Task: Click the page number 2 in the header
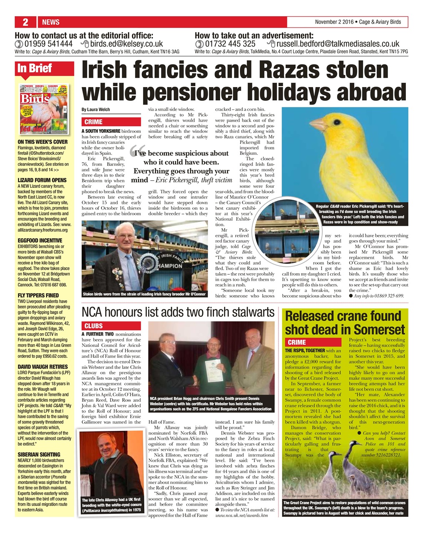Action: [x=25, y=22]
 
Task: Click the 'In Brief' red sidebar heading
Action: [x=35, y=68]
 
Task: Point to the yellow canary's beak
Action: [x=317, y=124]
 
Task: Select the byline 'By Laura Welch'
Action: [x=96, y=110]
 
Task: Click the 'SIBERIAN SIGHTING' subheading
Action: [x=39, y=454]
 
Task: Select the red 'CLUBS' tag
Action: [x=93, y=326]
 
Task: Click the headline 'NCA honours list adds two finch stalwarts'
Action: [x=178, y=312]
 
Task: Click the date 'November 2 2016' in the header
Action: [x=334, y=22]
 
